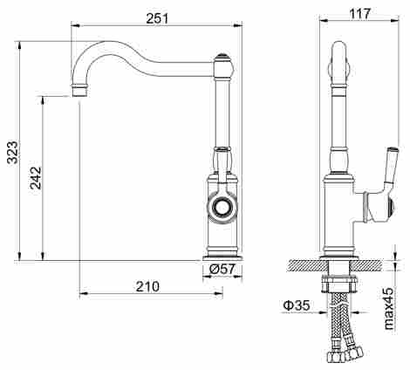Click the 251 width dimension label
(x=157, y=18)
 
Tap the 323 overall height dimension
(x=12, y=152)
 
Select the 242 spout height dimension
(x=36, y=178)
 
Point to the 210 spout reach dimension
(x=147, y=286)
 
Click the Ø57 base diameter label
(x=222, y=270)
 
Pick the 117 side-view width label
(x=359, y=13)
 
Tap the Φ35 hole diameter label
(x=297, y=305)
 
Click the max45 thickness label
(x=388, y=308)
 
